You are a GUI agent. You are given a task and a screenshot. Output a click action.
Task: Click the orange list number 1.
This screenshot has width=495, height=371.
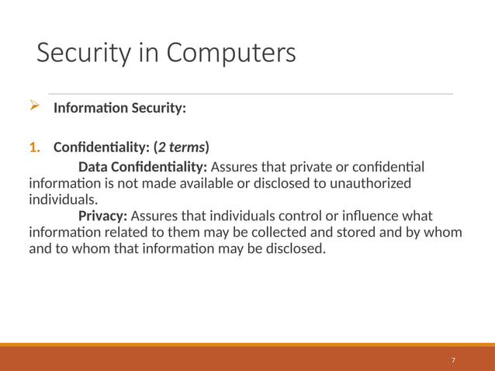33,147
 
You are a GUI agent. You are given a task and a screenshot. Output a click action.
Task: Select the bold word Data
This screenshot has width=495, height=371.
94,168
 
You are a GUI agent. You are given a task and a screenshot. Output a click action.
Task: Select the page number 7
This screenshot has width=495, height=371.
453,360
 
